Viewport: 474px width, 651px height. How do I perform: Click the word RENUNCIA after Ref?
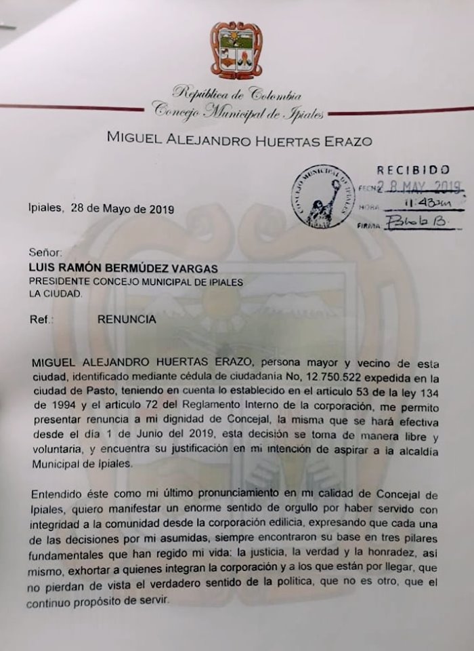(x=127, y=319)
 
